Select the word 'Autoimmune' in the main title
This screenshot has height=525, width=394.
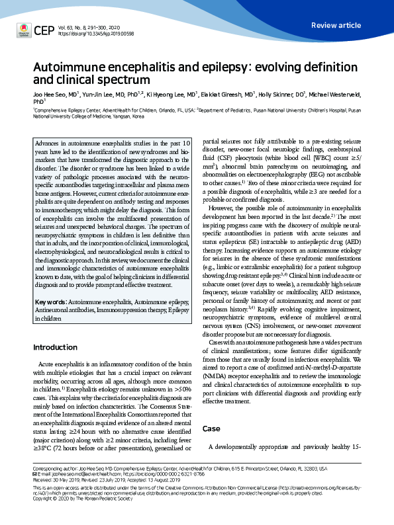pyautogui.click(x=70, y=68)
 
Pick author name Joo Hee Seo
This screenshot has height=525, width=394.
pyautogui.click(x=49, y=95)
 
